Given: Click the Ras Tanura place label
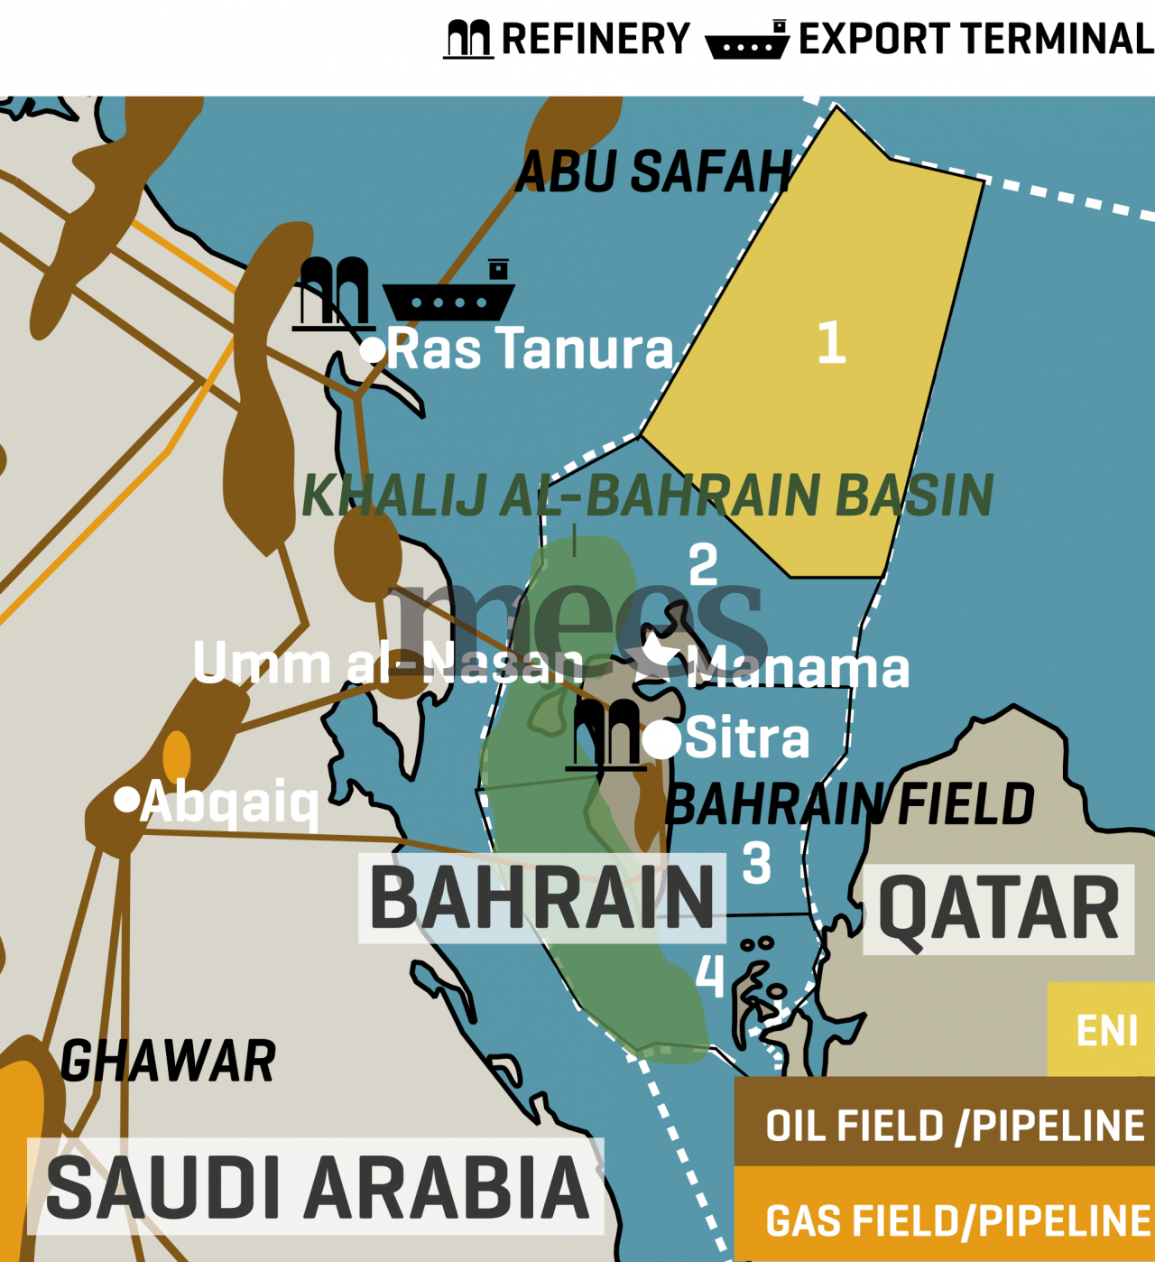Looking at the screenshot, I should pos(531,349).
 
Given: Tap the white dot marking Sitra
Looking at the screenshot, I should pos(661,739).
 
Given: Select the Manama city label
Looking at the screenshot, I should pos(798,669).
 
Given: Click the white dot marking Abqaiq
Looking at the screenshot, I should pos(127,799).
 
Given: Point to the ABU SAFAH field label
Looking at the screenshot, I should pos(653,172).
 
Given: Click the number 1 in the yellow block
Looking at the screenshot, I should pos(831,343).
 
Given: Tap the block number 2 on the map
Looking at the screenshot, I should pos(703,565).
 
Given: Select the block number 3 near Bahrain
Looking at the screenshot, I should pos(756,863).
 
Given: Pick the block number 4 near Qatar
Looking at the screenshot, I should pos(710,975).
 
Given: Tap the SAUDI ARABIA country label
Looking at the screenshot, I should pos(317,1187).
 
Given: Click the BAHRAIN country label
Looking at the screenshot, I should pos(542,898).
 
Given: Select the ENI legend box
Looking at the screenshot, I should pos(1101,1029).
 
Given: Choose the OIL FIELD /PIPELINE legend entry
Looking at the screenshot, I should pos(953,1126).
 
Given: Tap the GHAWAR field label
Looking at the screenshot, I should pos(168,1062).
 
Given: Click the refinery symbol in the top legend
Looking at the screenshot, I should pos(468,39).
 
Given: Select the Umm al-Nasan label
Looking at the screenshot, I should pos(388,663).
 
